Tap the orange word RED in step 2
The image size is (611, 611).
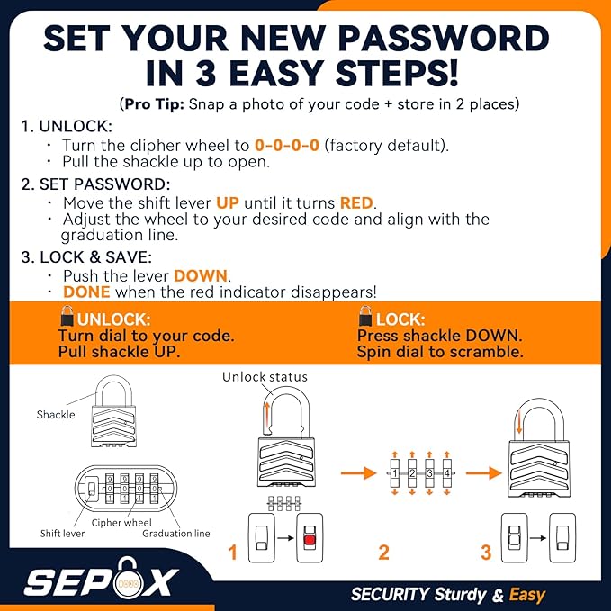point(357,202)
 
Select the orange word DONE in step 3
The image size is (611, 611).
point(86,292)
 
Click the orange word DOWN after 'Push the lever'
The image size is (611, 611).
point(202,275)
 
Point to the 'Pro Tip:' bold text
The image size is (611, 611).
point(154,104)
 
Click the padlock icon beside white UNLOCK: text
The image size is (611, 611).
point(67,318)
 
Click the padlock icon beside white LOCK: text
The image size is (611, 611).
point(365,318)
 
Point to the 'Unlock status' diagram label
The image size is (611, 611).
point(265,377)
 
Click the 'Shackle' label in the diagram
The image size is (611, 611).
point(55,415)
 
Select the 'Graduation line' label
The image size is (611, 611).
point(176,534)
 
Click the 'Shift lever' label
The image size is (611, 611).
point(62,534)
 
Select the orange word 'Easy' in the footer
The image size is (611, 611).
point(526,594)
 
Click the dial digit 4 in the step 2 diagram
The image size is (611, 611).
point(446,472)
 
